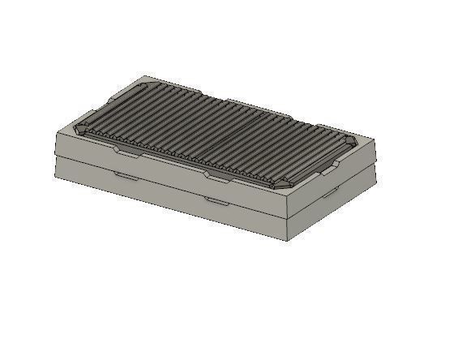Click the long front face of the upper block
(162, 174)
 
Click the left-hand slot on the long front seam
(126, 174)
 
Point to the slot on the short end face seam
(331, 195)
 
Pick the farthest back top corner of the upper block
(143, 78)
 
